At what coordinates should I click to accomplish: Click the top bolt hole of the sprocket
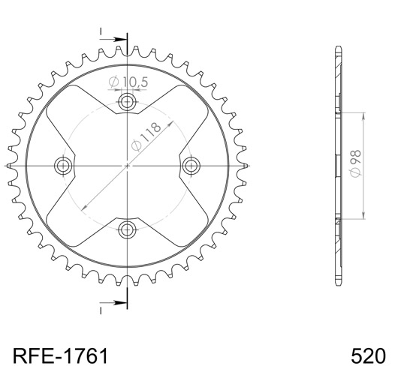coord(127,101)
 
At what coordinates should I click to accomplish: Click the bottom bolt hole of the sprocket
coord(127,229)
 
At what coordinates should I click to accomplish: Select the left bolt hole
coord(63,166)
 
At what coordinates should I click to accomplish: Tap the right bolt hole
coord(191,166)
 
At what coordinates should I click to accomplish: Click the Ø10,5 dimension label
coord(128,82)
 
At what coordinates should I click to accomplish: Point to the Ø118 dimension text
coord(146,137)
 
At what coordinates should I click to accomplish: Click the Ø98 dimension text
coord(355,163)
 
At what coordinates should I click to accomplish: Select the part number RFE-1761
coord(61,355)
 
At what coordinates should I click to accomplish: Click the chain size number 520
coord(368,355)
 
